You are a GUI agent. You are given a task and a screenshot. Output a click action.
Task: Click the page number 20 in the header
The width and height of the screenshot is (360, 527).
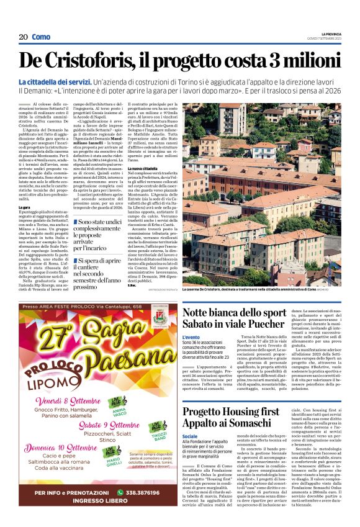23,37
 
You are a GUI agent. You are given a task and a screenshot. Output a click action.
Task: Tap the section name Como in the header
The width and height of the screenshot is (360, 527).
41,37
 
